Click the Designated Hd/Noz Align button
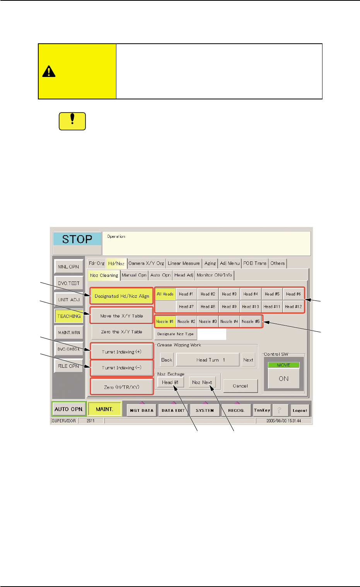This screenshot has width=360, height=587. (122, 296)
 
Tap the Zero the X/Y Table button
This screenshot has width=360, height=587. (122, 332)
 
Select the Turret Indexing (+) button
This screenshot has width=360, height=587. (122, 352)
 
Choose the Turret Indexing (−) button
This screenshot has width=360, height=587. (122, 368)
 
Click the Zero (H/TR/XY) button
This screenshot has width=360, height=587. (122, 387)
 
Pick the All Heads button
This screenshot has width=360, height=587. (165, 294)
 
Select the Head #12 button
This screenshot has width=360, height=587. (293, 307)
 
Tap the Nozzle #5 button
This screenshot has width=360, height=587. (251, 321)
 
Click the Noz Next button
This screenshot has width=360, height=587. (202, 382)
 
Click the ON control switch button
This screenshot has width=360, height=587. (283, 379)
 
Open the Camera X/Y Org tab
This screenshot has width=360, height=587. (146, 263)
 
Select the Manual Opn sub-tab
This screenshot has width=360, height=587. (134, 275)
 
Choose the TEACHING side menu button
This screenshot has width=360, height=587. (69, 316)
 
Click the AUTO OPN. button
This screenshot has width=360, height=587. (69, 409)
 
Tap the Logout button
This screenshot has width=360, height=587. (300, 411)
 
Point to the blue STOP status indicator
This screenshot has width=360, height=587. (77, 239)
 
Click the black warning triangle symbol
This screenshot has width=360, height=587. (49, 71)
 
